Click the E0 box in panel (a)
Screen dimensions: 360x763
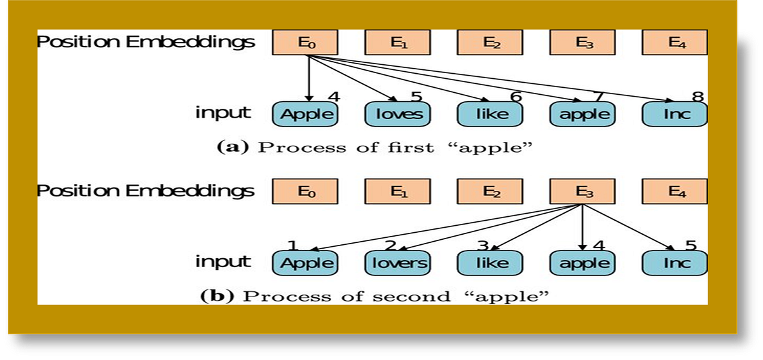(305, 43)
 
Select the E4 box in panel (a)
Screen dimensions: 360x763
(675, 43)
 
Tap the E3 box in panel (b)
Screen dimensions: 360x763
(582, 191)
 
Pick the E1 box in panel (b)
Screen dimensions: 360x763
(397, 191)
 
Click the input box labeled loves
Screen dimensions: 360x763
(398, 114)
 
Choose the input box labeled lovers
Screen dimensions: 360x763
(398, 263)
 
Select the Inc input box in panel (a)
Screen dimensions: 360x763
(675, 114)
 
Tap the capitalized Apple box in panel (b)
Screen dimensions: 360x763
(305, 263)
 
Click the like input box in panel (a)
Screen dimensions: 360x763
(490, 114)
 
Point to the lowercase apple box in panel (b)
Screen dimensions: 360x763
(582, 263)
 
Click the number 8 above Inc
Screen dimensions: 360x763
(698, 97)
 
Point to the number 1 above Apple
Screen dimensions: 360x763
(292, 246)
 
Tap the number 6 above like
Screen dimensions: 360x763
(516, 97)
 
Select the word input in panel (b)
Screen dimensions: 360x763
(223, 262)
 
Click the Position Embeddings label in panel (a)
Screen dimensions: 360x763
(146, 43)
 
